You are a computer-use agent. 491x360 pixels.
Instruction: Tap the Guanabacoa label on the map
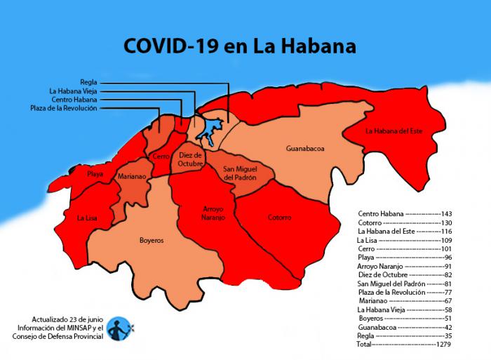tap(305, 149)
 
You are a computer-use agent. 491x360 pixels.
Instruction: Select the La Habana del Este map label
tap(394, 131)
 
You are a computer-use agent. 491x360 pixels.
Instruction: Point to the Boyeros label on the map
tap(151, 240)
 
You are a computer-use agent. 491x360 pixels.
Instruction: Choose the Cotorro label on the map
tap(279, 218)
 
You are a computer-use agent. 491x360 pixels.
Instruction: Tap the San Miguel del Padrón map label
tap(239, 173)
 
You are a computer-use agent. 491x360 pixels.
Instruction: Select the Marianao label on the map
tap(131, 177)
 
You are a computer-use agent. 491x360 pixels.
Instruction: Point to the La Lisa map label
tap(87, 218)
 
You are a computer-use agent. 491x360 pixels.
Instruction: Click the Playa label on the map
tap(95, 173)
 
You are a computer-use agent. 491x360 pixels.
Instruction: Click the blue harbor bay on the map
tap(208, 131)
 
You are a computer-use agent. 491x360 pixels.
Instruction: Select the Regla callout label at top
tap(88, 82)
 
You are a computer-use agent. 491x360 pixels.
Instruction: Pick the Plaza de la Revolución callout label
tap(64, 108)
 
